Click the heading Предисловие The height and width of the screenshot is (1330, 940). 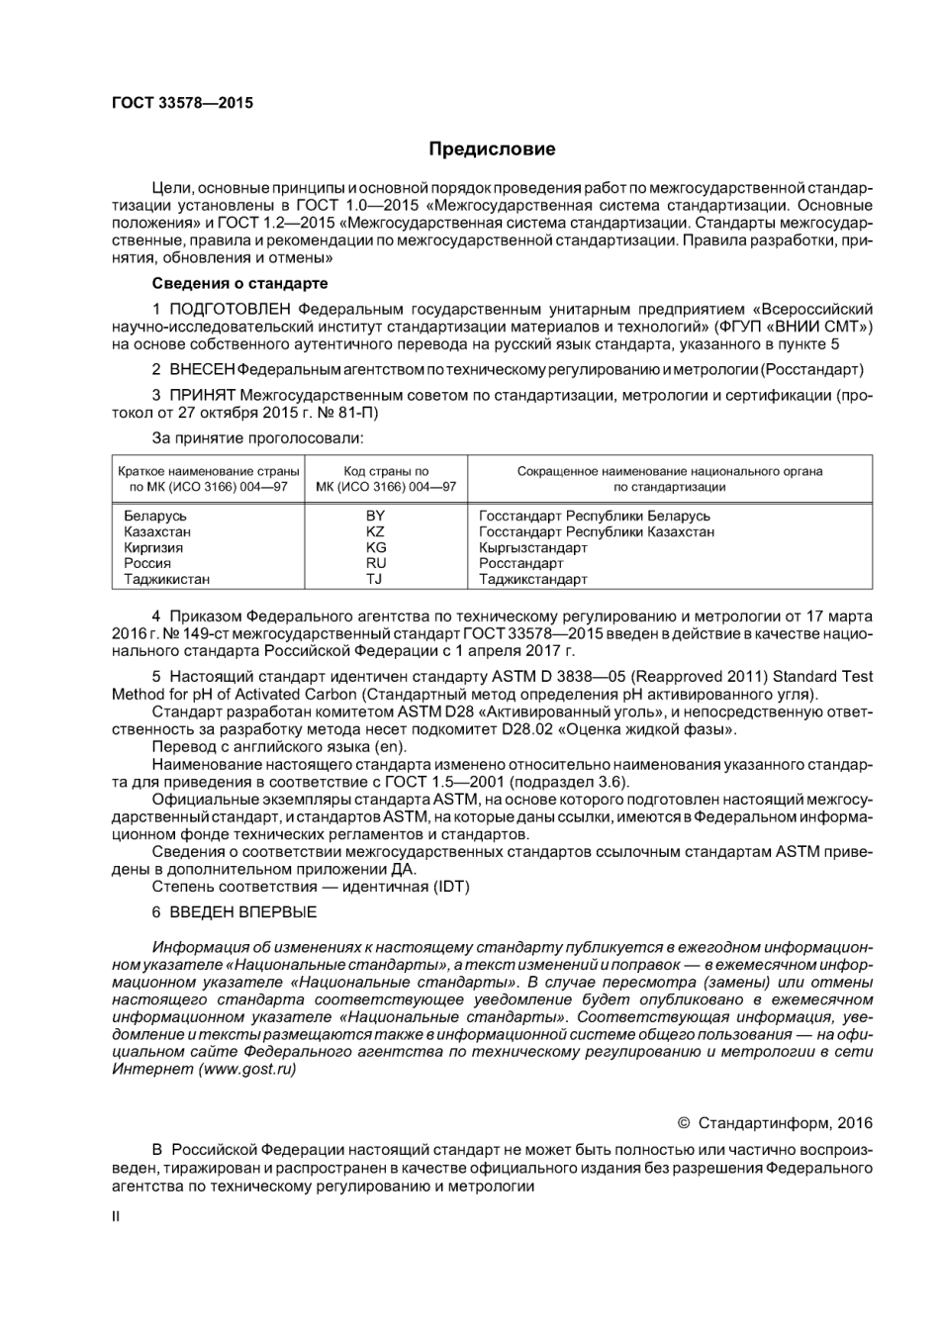(492, 149)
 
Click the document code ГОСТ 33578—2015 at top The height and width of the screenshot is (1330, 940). (182, 103)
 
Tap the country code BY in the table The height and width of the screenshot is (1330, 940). (375, 516)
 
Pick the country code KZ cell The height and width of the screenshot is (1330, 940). (375, 531)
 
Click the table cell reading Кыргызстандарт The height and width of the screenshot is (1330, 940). (532, 547)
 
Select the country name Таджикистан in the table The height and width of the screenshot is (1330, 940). (166, 579)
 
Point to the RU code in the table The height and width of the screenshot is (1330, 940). (375, 563)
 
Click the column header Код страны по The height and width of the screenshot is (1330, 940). (386, 471)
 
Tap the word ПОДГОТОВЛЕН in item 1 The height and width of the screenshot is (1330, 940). (230, 309)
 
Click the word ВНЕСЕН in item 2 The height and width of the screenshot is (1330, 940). (202, 369)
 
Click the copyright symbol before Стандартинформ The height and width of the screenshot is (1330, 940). (683, 1123)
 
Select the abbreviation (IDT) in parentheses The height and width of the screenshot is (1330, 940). (451, 887)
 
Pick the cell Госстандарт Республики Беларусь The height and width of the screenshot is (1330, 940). (594, 516)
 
